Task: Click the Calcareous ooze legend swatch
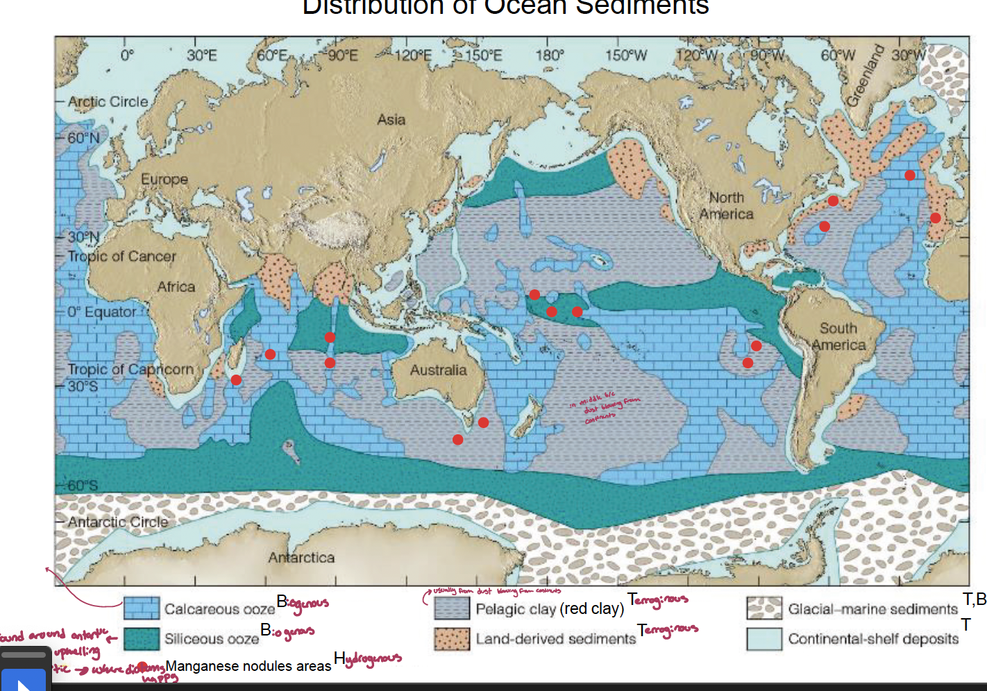tap(142, 608)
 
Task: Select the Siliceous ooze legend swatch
tap(142, 638)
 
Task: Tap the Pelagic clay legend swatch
tap(452, 608)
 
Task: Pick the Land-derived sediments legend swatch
tap(452, 638)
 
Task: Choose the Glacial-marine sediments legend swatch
tap(764, 608)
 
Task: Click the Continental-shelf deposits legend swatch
tap(764, 638)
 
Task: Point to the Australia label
tap(438, 370)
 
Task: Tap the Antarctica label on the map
tap(301, 557)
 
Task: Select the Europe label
tap(164, 179)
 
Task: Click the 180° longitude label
tap(549, 55)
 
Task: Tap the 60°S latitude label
tap(83, 485)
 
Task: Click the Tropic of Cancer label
tap(121, 256)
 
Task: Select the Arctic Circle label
tap(108, 101)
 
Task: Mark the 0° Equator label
tap(102, 312)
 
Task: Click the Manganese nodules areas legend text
tap(248, 666)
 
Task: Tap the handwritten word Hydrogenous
tap(368, 658)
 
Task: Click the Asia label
tap(391, 119)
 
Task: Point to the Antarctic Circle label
tap(117, 522)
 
